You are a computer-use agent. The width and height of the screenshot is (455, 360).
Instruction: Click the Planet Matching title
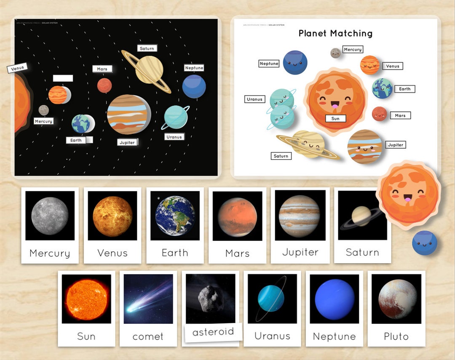(335, 33)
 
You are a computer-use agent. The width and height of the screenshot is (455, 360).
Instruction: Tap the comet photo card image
(148, 299)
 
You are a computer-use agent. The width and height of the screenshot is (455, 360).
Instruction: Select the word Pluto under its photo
(396, 336)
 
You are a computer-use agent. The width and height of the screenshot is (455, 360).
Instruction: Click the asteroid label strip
(213, 332)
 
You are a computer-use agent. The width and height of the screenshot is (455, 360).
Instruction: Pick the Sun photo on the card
(86, 299)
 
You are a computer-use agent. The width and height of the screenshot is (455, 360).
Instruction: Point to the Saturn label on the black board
(147, 48)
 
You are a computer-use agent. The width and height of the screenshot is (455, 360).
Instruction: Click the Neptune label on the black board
(194, 68)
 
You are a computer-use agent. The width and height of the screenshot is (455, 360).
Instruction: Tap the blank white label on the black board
(63, 78)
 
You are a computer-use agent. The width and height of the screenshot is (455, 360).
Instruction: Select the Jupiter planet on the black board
(128, 114)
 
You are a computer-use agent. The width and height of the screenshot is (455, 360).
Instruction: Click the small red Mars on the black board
(104, 85)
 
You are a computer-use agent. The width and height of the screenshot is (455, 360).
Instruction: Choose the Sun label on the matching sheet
(335, 119)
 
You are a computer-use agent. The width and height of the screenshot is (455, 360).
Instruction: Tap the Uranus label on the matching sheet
(254, 99)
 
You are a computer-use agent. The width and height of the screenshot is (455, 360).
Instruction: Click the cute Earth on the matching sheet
(382, 88)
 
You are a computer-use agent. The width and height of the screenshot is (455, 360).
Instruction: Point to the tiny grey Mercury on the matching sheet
(335, 53)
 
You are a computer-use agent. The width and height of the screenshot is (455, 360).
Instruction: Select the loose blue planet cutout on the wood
(424, 243)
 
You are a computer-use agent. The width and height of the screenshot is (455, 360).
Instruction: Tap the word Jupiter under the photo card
(300, 252)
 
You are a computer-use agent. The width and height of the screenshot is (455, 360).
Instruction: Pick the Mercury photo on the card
(50, 216)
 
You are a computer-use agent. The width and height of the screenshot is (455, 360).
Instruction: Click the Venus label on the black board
(17, 68)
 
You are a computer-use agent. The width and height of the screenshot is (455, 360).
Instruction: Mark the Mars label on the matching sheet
(400, 115)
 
